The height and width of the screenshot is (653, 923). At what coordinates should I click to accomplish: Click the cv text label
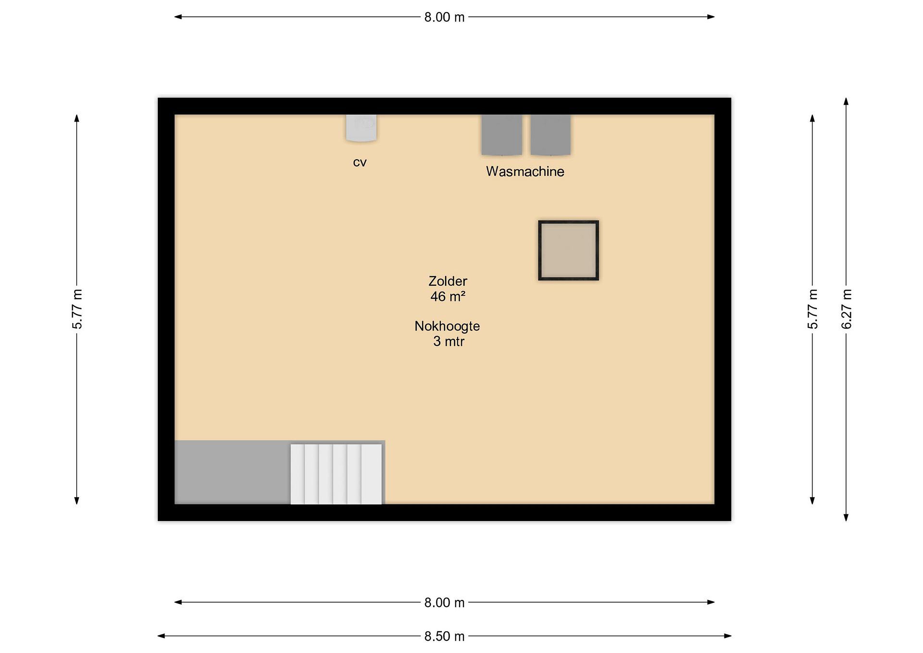click(x=360, y=163)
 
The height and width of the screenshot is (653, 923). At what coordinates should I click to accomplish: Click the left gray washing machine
click(x=502, y=135)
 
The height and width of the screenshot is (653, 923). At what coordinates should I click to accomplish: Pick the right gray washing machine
click(x=550, y=135)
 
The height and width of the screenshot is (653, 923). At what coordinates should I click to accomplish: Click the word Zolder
click(x=448, y=281)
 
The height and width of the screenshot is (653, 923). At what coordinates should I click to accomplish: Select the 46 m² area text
click(x=448, y=296)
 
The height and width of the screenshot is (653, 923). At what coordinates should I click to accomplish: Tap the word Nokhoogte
click(x=447, y=326)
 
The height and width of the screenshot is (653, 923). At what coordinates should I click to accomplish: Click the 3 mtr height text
click(x=449, y=341)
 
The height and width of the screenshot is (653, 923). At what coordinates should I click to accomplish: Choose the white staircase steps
click(x=336, y=474)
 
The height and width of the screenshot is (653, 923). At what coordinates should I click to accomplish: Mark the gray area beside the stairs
click(x=232, y=472)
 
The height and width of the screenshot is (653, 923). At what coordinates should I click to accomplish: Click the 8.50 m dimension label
click(x=444, y=637)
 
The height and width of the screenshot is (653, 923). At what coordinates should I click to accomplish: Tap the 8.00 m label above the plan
click(x=444, y=17)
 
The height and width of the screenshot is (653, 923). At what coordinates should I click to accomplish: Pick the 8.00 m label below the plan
click(x=444, y=603)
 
